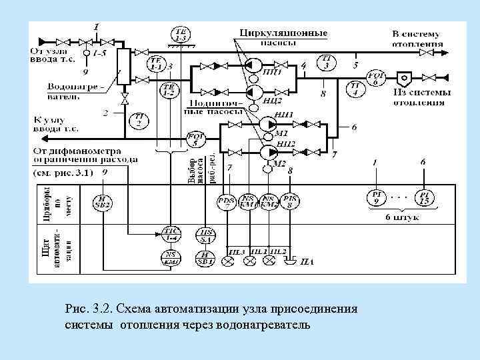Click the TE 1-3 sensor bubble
point(181,34)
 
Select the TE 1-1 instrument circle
point(155,65)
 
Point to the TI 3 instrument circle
point(327,63)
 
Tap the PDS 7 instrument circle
point(227,200)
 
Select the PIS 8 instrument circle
point(291,200)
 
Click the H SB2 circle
point(101,201)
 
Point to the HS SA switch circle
point(204,233)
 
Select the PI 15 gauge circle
point(424,197)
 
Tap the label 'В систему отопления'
point(417,39)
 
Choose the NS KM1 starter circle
point(249,200)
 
